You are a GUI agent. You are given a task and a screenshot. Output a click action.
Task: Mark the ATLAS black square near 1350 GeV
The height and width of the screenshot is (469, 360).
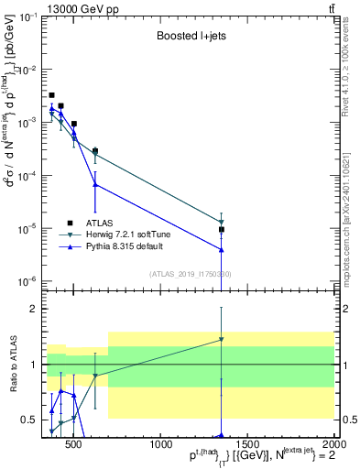[x=221, y=230]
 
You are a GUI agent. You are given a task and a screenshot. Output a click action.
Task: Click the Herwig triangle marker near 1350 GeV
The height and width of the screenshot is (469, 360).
[x=221, y=223]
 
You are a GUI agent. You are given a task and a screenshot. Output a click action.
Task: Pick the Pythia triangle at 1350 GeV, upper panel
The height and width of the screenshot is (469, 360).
[x=221, y=249]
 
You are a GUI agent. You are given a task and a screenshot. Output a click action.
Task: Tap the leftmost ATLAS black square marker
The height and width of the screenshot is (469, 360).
[x=51, y=95]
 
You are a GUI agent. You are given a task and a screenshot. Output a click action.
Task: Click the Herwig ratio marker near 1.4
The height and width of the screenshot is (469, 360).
[x=221, y=340]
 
